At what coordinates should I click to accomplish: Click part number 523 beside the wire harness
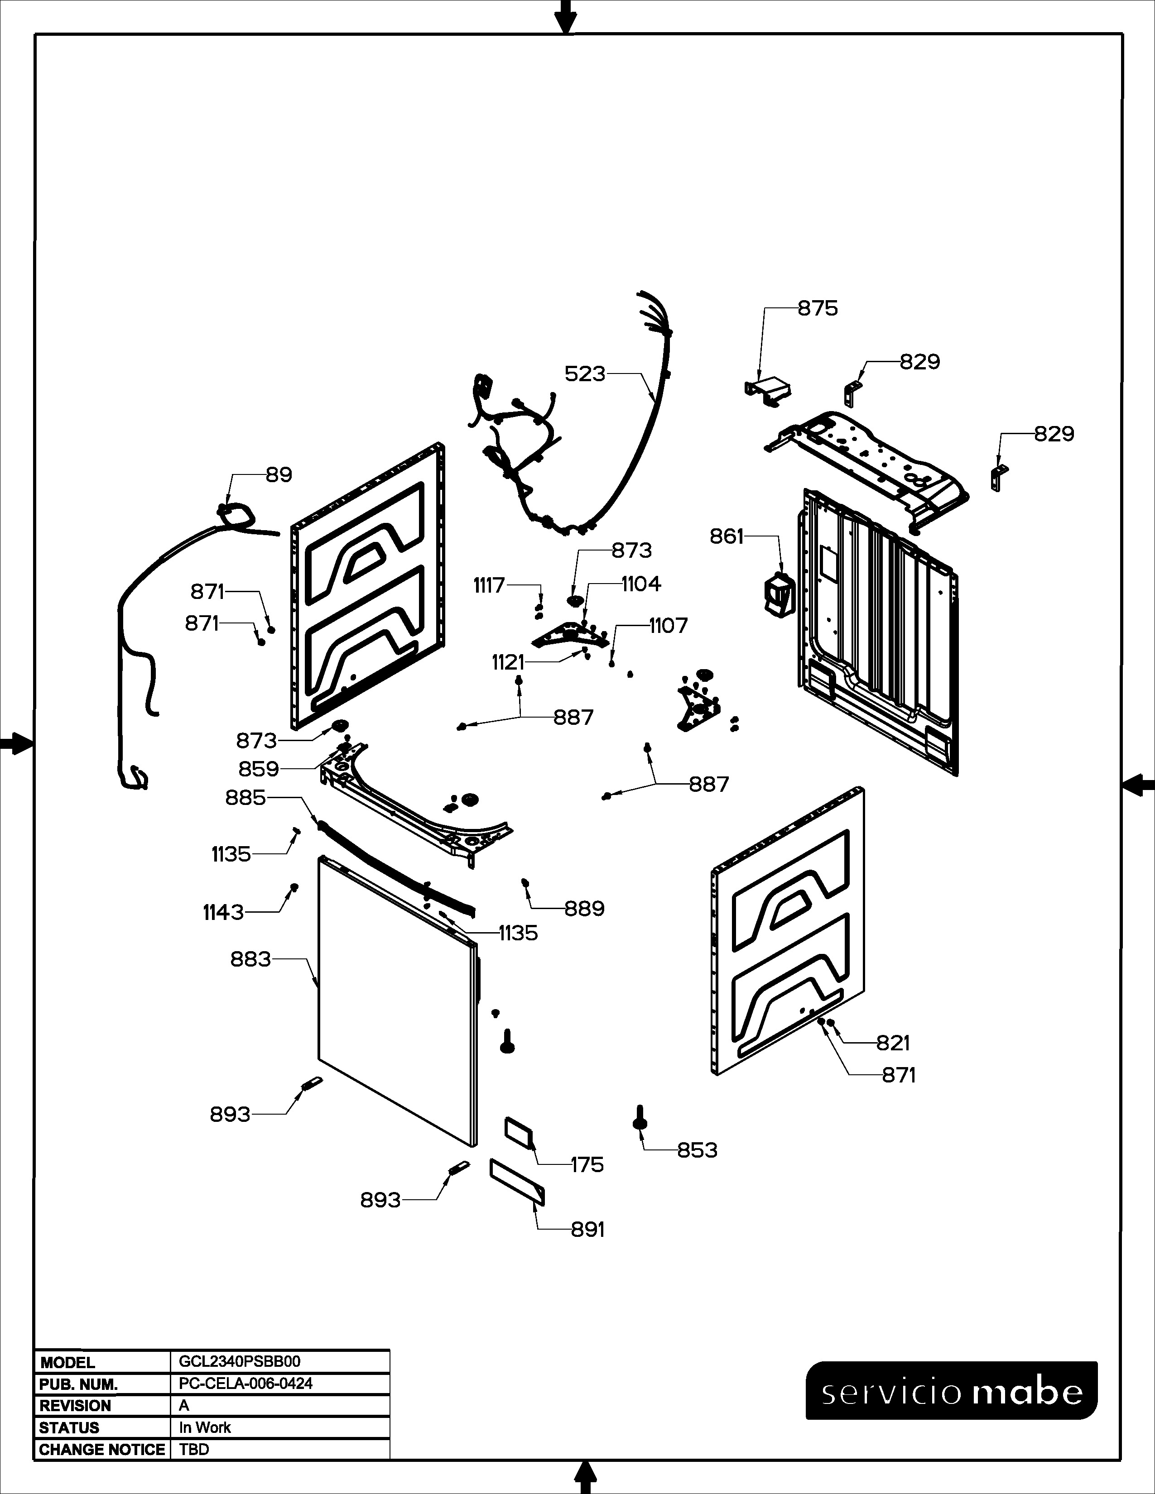(585, 374)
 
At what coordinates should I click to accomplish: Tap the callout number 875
(818, 308)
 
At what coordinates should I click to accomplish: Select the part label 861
(726, 537)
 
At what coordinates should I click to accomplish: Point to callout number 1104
(641, 584)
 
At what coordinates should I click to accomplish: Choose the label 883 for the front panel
(251, 960)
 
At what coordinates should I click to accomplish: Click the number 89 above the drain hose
(279, 475)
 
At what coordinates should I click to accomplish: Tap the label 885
(245, 798)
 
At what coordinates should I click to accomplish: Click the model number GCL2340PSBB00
(240, 1361)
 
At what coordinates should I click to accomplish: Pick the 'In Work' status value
(205, 1427)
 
